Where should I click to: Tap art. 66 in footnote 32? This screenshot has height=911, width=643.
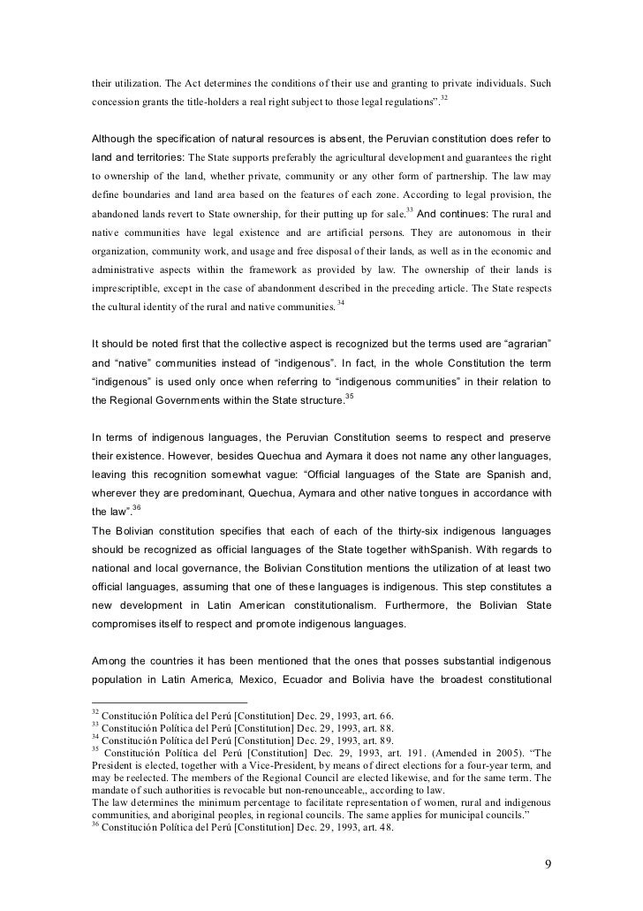click(364, 714)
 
